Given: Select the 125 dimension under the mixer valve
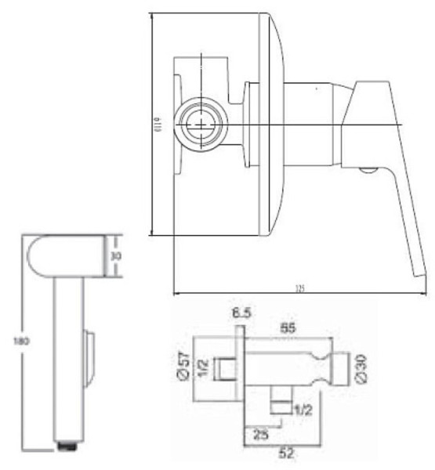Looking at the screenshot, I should (x=299, y=288).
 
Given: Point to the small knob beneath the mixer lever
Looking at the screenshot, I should (x=367, y=168).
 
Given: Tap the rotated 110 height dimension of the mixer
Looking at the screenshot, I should (x=158, y=125).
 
